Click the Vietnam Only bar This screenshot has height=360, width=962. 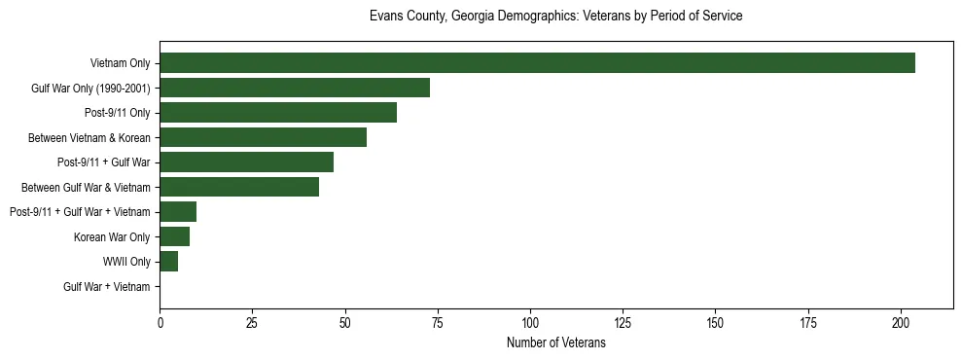coord(537,63)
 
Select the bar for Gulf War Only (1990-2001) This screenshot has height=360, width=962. coord(295,88)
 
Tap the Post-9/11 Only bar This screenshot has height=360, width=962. coord(278,113)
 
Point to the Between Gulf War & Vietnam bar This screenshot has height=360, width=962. coord(239,187)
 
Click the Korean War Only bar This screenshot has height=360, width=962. coord(174,236)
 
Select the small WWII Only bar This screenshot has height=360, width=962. coord(168,262)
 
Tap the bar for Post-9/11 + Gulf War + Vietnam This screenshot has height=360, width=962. coord(178,212)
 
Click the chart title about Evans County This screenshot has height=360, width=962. coord(555,17)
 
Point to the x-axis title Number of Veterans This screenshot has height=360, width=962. coord(555,343)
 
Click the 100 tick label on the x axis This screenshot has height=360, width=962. coord(530,322)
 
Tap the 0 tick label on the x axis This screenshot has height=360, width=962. coord(160,322)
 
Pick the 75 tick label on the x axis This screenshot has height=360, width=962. coord(438,322)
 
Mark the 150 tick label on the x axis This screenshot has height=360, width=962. coord(715,322)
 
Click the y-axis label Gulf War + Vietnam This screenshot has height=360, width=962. coord(106,287)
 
